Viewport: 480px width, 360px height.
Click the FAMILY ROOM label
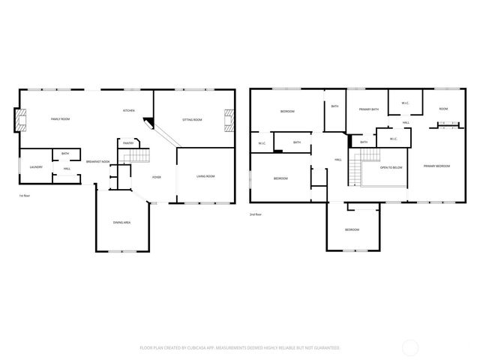click(x=61, y=119)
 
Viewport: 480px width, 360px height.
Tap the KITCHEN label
click(x=129, y=111)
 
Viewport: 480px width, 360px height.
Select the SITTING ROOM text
click(x=192, y=119)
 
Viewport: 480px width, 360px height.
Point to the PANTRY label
click(x=128, y=143)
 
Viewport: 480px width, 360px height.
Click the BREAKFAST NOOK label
click(x=97, y=162)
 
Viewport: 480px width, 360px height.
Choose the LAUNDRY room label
click(x=36, y=167)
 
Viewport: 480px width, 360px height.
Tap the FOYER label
click(x=157, y=177)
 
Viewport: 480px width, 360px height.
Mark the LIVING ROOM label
click(x=205, y=176)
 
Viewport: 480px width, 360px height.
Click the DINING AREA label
click(x=122, y=223)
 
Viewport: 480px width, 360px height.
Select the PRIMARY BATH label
click(x=367, y=109)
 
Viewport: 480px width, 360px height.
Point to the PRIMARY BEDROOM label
click(x=436, y=166)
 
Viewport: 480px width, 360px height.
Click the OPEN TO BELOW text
click(x=391, y=167)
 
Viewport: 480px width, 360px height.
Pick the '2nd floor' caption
click(x=256, y=214)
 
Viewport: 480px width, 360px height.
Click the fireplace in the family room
click(x=20, y=119)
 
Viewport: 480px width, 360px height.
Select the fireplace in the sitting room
click(x=229, y=119)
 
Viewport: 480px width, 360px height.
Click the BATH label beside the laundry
click(x=65, y=154)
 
